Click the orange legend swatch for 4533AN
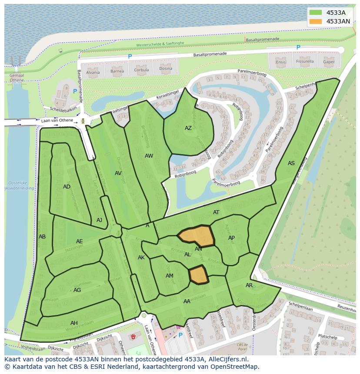click(316, 21)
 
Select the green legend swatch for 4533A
click(316, 13)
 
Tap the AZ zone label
click(188, 128)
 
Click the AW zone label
click(149, 156)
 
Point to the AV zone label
click(118, 173)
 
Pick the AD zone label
click(67, 187)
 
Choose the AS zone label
click(291, 163)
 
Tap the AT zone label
click(216, 212)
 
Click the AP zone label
click(231, 238)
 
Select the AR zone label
click(249, 285)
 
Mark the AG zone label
click(77, 290)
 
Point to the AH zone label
click(74, 323)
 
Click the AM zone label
click(170, 276)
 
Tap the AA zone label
click(187, 301)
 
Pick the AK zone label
click(141, 258)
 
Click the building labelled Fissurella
click(304, 62)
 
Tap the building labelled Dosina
click(165, 69)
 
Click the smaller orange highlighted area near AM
click(198, 275)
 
